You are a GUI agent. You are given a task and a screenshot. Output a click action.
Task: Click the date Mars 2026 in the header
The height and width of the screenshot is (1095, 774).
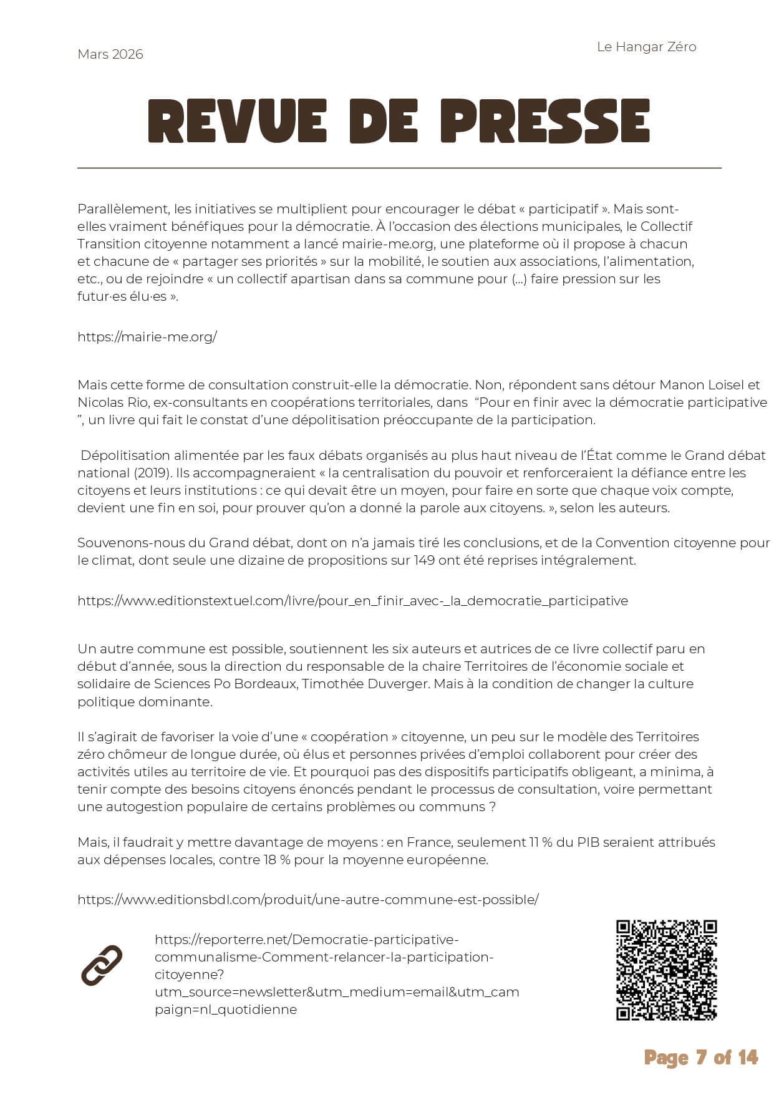[x=110, y=54]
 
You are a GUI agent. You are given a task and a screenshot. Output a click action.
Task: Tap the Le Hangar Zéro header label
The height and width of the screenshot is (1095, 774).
[x=646, y=47]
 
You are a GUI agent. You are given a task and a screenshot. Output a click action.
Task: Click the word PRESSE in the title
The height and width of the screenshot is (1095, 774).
[x=544, y=122]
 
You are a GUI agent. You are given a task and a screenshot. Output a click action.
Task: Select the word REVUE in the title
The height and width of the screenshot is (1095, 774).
[x=237, y=122]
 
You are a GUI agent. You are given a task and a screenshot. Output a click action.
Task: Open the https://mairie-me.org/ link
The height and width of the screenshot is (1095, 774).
[x=147, y=337]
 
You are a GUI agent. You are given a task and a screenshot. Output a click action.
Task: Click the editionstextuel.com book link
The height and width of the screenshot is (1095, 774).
[x=352, y=601]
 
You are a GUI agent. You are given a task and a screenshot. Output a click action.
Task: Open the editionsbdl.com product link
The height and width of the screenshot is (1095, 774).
[x=308, y=899]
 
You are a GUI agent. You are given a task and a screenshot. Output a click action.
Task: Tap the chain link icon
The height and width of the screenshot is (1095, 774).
[x=102, y=965]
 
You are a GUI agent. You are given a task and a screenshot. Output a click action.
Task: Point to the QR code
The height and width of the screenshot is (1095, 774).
[x=666, y=970]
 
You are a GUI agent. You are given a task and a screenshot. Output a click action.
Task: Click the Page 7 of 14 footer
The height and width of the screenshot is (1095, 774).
[x=701, y=1058]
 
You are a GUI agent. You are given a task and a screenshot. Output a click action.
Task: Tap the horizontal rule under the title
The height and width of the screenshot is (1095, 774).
[x=399, y=168]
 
